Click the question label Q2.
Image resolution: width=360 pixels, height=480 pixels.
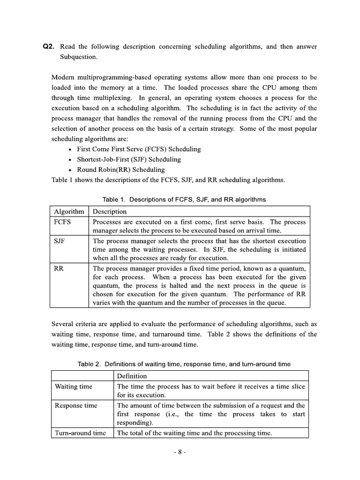tap(48, 46)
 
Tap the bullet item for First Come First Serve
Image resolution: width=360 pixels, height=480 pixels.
tap(139, 149)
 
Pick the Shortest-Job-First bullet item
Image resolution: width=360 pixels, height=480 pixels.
tap(129, 159)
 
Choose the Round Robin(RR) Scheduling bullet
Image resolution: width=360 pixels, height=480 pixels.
tap(121, 170)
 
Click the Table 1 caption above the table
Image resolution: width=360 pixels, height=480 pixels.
tap(184, 200)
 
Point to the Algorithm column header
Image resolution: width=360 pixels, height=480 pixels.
tap(69, 211)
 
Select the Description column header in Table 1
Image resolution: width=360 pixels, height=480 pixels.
tap(110, 211)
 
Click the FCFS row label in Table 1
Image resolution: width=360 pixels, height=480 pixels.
tap(63, 222)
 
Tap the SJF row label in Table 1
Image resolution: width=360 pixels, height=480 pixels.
tap(60, 240)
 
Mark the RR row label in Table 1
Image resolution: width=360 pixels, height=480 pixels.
tap(59, 269)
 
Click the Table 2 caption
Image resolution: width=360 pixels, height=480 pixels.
tap(184, 364)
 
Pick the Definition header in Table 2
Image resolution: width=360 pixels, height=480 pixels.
tap(132, 376)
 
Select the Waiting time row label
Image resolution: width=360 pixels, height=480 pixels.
tap(74, 387)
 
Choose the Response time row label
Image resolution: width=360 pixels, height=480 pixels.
tap(76, 405)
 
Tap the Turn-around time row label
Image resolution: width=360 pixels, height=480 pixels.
tap(80, 433)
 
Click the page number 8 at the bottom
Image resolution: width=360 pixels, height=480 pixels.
tap(180, 452)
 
